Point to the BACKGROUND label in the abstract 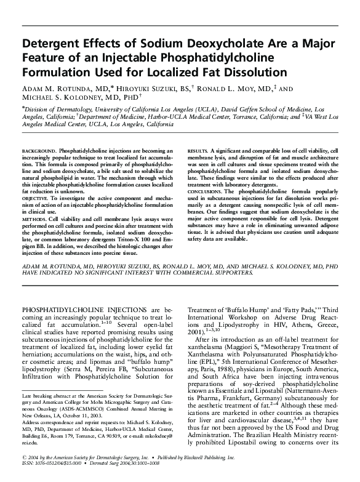click(39, 150)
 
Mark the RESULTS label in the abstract click(197, 150)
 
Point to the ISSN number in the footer click(44, 474)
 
